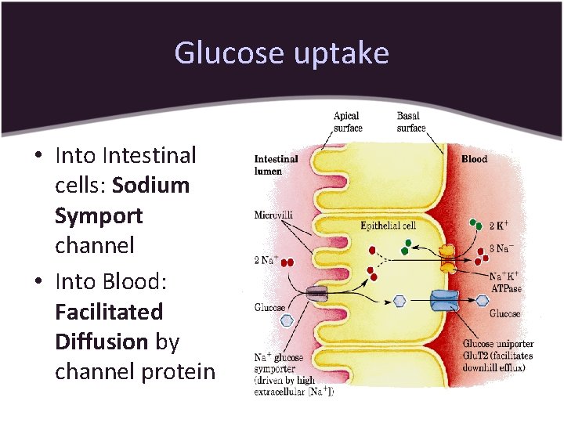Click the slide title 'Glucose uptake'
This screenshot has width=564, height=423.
click(281, 53)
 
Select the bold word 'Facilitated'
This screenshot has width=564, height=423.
click(109, 312)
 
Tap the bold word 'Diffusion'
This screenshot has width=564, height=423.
click(101, 342)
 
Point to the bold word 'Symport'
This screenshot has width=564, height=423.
click(99, 215)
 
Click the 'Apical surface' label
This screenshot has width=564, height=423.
click(347, 122)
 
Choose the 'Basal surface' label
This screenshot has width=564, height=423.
click(411, 122)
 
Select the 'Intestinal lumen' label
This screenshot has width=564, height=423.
click(276, 164)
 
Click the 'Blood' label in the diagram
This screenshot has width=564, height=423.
click(474, 159)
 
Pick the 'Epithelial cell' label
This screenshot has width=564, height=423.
click(388, 226)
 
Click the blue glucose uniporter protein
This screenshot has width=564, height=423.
click(448, 302)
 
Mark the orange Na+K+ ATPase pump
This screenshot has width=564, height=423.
click(448, 257)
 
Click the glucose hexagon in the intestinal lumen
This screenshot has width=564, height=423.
click(287, 320)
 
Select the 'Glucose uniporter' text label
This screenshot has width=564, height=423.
click(497, 344)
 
